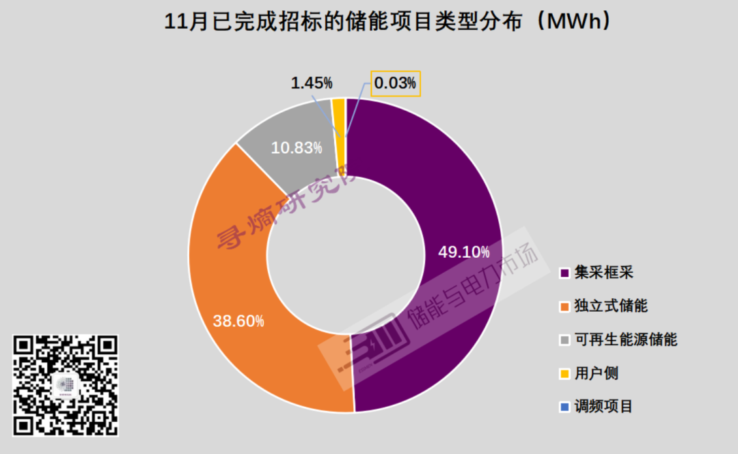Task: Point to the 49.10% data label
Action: pyautogui.click(x=464, y=252)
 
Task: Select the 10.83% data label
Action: pyautogui.click(x=297, y=148)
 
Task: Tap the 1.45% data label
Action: pyautogui.click(x=312, y=83)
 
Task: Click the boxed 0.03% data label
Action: pyautogui.click(x=395, y=83)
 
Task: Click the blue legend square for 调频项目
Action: pyautogui.click(x=564, y=408)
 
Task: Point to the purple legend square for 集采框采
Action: pyautogui.click(x=564, y=273)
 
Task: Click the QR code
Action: pyautogui.click(x=66, y=385)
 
